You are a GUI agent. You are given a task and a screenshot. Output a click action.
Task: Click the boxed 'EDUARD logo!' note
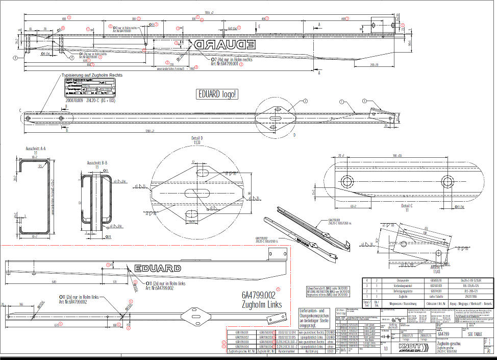(x=218, y=94)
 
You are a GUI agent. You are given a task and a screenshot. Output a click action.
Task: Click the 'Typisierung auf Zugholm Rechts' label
(x=92, y=75)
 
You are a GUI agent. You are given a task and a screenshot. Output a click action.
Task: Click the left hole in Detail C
(x=349, y=181)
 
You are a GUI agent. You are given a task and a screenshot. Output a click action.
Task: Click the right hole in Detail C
(x=448, y=181)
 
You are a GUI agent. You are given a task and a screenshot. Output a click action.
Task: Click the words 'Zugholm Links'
(x=262, y=305)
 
